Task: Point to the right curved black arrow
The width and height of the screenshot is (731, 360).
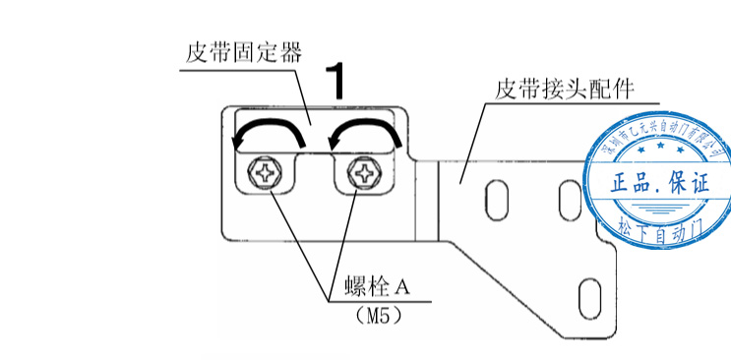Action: (365, 132)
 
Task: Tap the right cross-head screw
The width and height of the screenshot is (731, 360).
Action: (365, 175)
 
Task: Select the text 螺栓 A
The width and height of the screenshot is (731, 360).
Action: (377, 290)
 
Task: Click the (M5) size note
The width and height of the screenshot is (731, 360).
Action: (379, 317)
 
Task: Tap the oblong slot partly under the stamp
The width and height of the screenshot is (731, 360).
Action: (568, 200)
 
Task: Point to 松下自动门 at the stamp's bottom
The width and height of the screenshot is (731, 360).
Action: (658, 228)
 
